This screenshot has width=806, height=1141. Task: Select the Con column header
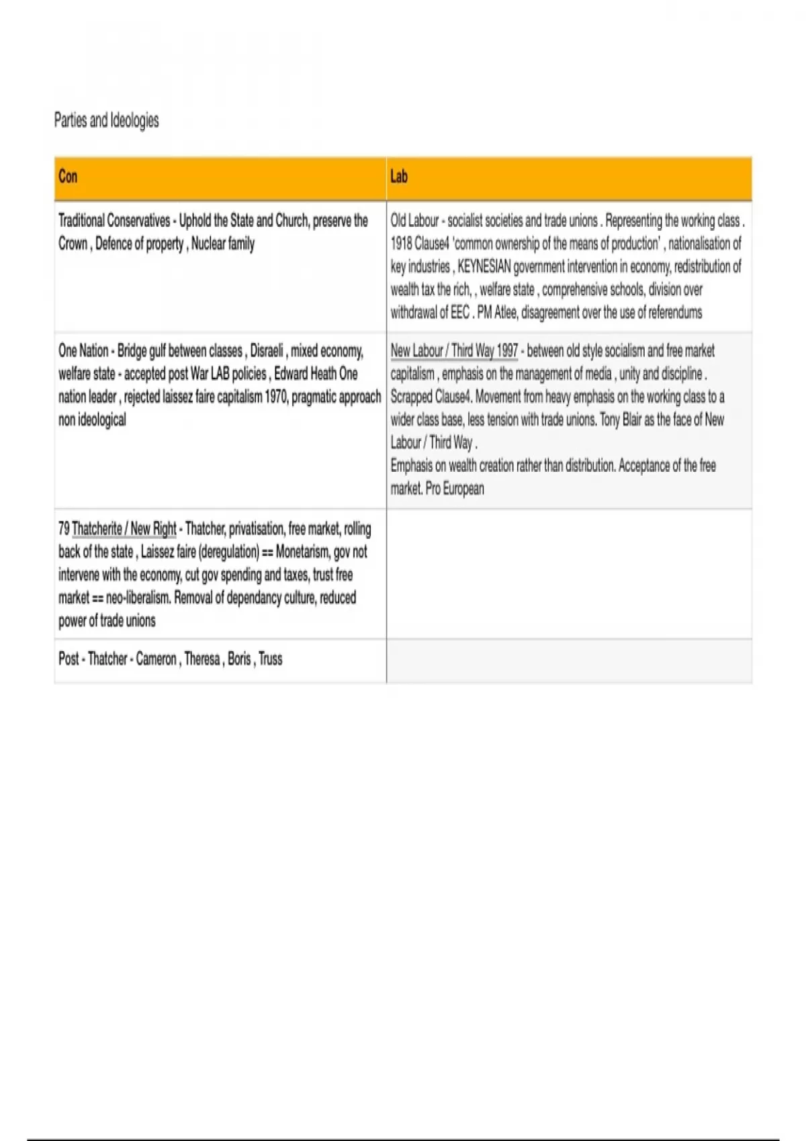(x=68, y=177)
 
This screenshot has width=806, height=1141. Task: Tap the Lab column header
(x=399, y=177)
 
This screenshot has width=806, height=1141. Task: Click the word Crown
(x=73, y=244)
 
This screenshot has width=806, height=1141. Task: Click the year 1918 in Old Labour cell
(x=401, y=244)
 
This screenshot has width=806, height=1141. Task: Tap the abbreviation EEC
(x=460, y=312)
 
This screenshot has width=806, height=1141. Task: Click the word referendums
(x=675, y=312)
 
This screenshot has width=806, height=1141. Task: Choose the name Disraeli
(x=266, y=351)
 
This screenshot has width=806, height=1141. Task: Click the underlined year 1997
(x=507, y=351)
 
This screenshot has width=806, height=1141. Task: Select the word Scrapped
(x=411, y=397)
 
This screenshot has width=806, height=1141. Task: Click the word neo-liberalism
(x=138, y=597)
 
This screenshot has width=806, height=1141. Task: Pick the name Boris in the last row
(x=239, y=658)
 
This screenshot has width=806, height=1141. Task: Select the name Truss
(x=271, y=658)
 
